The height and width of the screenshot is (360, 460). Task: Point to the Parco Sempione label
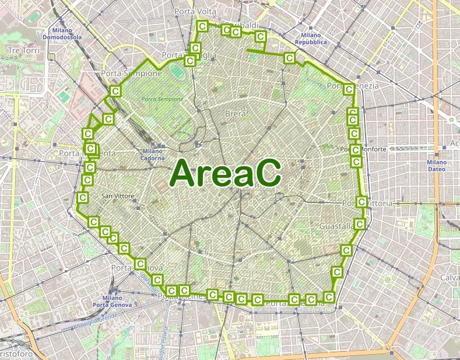[162, 99]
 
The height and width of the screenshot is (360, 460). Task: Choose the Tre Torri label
[23, 51]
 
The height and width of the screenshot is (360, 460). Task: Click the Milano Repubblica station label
[311, 39]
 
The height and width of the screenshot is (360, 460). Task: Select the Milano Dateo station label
[436, 165]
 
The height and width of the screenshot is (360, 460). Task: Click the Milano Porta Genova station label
[112, 301]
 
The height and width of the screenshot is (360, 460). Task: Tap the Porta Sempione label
[131, 74]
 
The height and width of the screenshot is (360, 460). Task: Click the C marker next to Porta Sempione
[115, 91]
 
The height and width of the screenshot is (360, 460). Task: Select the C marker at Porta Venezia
[349, 89]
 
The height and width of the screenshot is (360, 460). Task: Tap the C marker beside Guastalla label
[360, 223]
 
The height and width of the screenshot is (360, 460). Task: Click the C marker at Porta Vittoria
[361, 202]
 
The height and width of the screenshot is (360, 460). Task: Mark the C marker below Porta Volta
[202, 26]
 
